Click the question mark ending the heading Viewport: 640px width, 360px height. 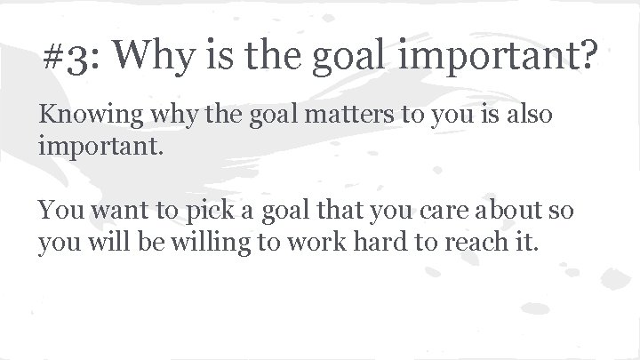tap(588, 60)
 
